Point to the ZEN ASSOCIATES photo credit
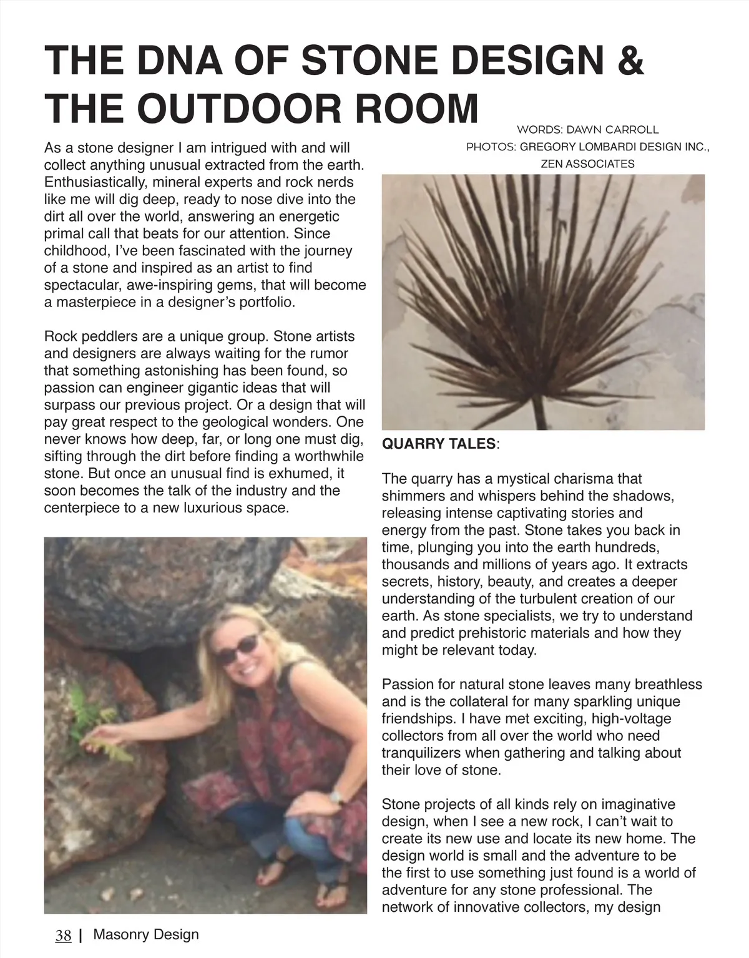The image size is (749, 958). (587, 164)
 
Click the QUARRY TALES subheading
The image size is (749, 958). (439, 444)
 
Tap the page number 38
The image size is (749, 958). (63, 935)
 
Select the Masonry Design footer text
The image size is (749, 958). (146, 934)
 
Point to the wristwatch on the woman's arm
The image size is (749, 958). (336, 796)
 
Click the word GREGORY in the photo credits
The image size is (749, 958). (549, 147)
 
